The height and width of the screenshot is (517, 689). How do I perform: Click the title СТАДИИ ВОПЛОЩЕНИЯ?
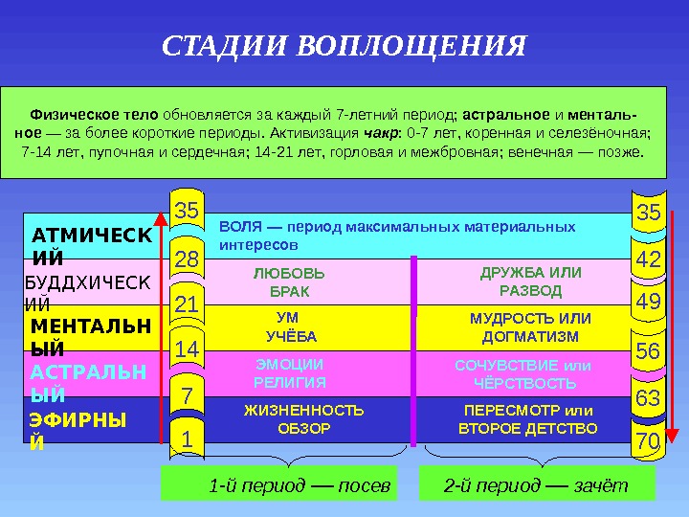344,46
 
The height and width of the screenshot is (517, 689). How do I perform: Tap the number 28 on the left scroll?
187,258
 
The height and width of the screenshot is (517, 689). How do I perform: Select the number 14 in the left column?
187,351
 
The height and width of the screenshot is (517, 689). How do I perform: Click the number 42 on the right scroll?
648,259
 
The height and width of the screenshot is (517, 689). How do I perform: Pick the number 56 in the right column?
648,351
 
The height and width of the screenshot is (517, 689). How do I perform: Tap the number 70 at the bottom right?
648,441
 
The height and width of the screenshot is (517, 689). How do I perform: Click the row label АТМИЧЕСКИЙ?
89,245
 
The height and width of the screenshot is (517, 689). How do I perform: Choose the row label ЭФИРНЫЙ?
77,431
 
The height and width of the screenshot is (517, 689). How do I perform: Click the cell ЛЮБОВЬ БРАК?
288,281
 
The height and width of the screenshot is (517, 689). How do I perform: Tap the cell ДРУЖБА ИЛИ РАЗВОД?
530,281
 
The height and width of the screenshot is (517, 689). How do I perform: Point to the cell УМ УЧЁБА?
288,327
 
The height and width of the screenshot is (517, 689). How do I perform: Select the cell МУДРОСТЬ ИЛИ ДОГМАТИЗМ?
530,327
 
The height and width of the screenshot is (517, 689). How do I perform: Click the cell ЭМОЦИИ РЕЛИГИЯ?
289,373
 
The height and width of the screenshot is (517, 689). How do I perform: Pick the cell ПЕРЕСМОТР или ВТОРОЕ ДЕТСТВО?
528,419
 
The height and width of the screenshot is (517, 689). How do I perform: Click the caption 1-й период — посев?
300,485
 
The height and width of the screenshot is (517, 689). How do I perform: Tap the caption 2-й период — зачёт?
536,485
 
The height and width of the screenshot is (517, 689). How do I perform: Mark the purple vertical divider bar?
413,350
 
